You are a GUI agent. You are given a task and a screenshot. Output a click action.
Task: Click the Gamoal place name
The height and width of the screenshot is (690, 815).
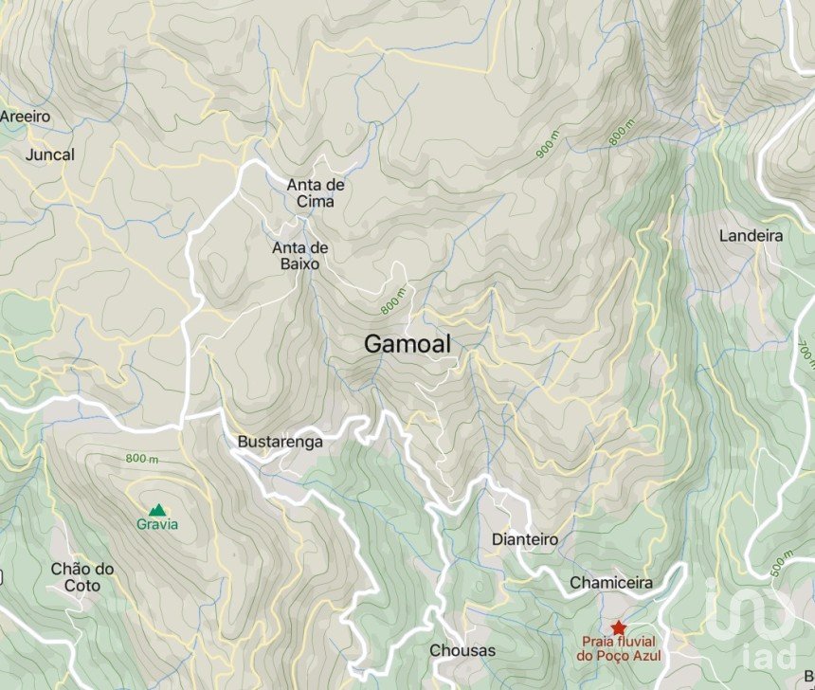click(408, 346)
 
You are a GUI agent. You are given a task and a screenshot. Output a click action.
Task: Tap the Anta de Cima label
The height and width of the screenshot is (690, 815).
click(316, 192)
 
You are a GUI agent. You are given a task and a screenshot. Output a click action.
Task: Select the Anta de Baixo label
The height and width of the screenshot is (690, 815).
click(300, 256)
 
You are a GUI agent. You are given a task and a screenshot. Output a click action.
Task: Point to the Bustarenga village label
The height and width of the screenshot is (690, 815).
click(280, 442)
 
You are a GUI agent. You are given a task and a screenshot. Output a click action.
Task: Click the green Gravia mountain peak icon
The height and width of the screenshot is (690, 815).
click(157, 509)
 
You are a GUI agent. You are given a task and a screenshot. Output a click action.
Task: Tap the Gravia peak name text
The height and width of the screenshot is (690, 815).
click(157, 524)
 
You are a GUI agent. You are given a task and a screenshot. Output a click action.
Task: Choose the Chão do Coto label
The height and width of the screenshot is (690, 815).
click(82, 577)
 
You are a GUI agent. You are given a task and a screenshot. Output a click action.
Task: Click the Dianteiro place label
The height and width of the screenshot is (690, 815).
click(524, 539)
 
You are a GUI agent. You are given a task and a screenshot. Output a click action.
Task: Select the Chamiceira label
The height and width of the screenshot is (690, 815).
click(611, 582)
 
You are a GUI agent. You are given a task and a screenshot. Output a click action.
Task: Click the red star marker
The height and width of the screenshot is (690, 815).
click(619, 627)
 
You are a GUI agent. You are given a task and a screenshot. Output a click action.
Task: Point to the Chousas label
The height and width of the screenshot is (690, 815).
click(462, 650)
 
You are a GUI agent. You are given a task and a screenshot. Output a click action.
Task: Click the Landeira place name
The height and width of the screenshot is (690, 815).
click(751, 235)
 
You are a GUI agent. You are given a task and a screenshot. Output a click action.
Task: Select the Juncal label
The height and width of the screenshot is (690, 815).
click(51, 154)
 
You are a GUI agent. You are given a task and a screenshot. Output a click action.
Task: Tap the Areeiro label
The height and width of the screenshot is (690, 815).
click(25, 116)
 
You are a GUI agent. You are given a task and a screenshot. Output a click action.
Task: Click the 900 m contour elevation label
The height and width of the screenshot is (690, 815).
click(547, 141)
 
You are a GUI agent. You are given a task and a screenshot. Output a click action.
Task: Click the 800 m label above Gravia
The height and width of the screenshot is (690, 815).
click(142, 459)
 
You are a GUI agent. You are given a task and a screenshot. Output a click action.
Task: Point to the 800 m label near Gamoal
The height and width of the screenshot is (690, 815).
click(392, 301)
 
